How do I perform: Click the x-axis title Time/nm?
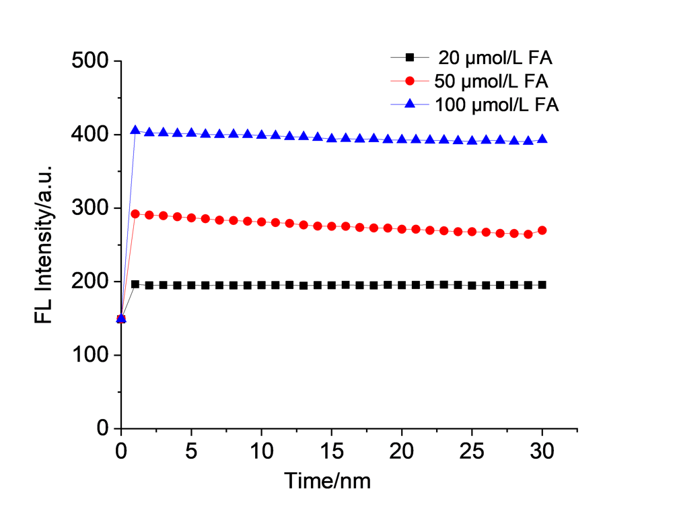pyautogui.click(x=327, y=481)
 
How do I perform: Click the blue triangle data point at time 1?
pyautogui.click(x=135, y=130)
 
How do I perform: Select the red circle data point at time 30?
pyautogui.click(x=542, y=230)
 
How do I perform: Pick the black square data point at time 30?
pyautogui.click(x=542, y=285)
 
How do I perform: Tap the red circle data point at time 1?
pyautogui.click(x=135, y=214)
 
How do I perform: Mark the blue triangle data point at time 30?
pyautogui.click(x=542, y=139)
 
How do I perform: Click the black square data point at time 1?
pyautogui.click(x=135, y=284)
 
